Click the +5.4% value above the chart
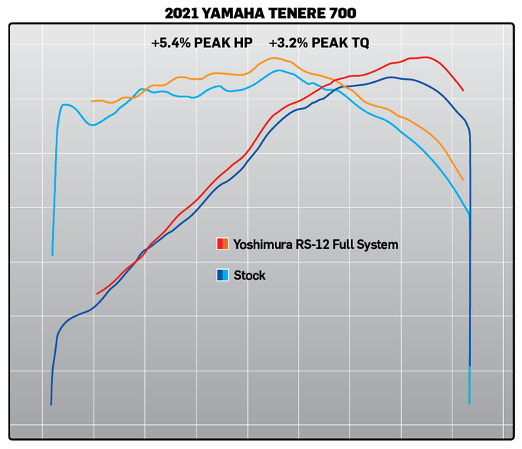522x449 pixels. point(170,43)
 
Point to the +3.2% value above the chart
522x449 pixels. point(288,43)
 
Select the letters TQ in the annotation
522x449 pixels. point(360,43)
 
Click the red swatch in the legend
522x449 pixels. point(220,244)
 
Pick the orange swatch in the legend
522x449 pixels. point(226,244)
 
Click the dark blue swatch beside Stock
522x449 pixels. point(220,275)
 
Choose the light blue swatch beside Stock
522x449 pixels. point(226,275)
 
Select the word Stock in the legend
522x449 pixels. point(249,276)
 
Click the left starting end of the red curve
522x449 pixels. point(97,294)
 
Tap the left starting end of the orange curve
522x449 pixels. point(91,102)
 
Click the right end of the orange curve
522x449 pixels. point(463,180)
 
